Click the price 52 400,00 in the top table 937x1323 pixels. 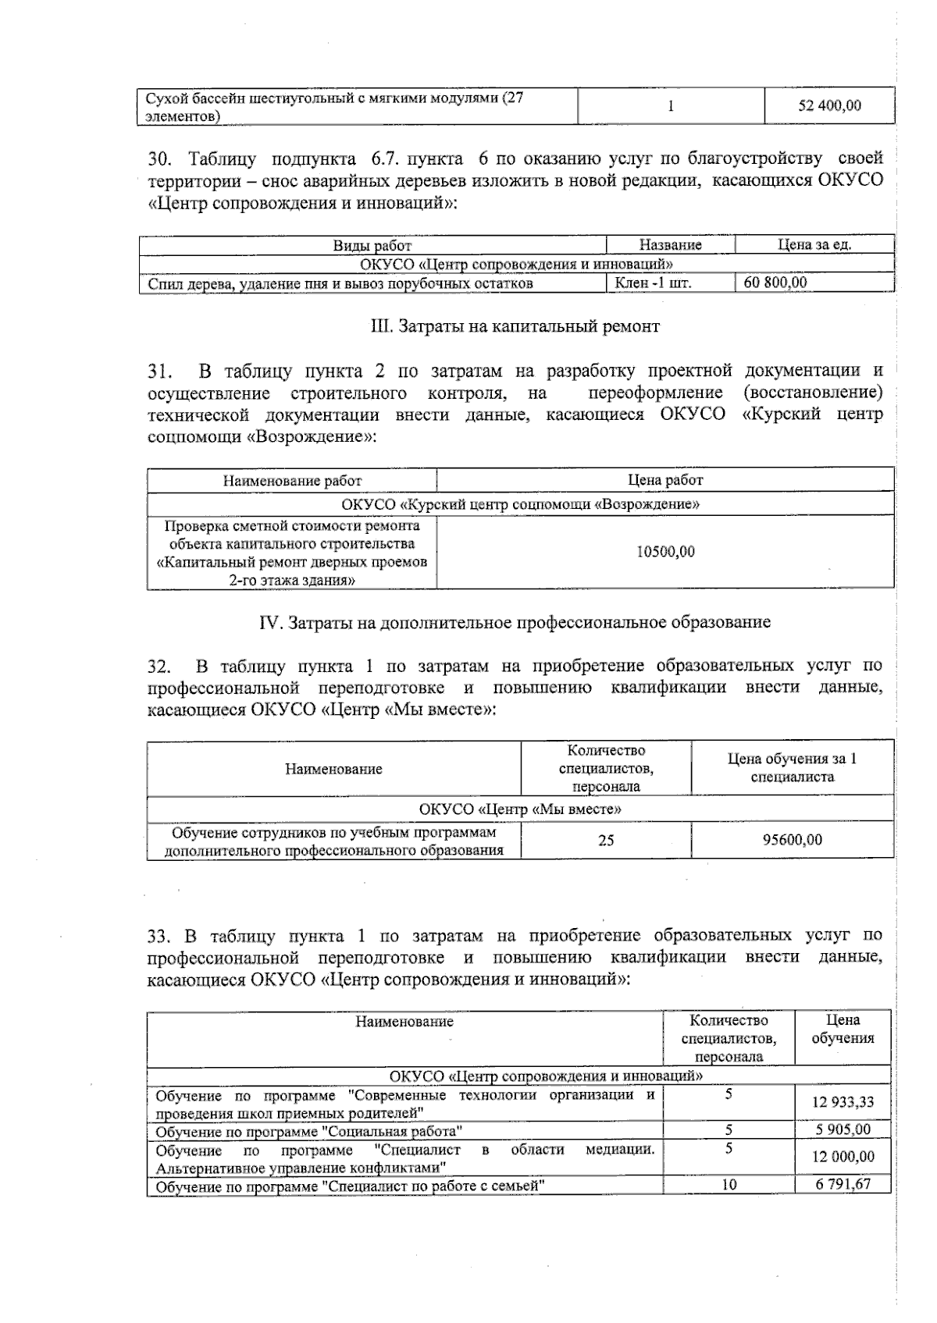click(x=828, y=105)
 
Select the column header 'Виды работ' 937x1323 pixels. click(x=372, y=245)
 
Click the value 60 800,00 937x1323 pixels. click(x=775, y=283)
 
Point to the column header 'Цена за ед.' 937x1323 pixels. click(x=814, y=245)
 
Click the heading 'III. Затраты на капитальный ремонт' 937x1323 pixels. click(x=515, y=326)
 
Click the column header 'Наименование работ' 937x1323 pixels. click(x=292, y=481)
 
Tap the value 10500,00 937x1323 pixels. click(x=665, y=552)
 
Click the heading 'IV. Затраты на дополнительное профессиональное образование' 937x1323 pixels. click(x=515, y=622)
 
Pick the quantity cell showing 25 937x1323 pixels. click(x=606, y=840)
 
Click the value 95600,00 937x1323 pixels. click(x=792, y=840)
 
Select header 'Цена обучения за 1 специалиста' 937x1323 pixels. click(x=792, y=768)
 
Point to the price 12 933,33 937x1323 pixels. click(x=843, y=1103)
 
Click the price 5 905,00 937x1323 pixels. click(x=843, y=1129)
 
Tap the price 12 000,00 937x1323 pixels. click(x=843, y=1157)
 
